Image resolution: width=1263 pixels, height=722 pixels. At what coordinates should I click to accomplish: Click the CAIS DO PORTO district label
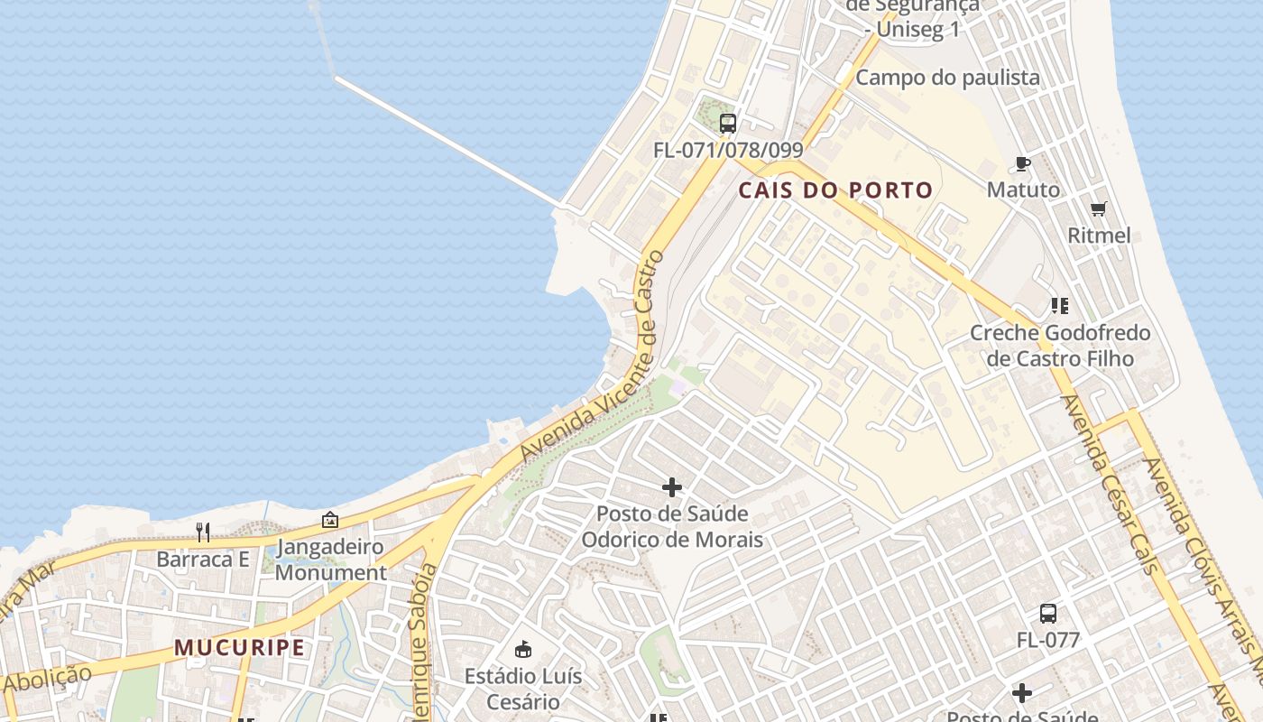(x=835, y=190)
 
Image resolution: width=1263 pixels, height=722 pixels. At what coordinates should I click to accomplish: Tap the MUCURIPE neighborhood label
(x=239, y=647)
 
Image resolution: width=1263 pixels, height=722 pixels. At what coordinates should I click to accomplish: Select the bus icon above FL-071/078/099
(x=728, y=124)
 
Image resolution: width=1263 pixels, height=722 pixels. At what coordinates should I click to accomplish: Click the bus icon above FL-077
(x=1048, y=614)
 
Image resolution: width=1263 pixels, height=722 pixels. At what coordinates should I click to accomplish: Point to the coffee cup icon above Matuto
(x=1023, y=163)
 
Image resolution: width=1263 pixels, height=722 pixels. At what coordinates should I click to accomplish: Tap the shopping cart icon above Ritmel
(x=1099, y=209)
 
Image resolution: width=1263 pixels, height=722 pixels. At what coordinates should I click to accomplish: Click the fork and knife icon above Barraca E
(x=203, y=532)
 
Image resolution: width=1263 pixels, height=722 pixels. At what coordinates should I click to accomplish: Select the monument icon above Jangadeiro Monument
(x=330, y=520)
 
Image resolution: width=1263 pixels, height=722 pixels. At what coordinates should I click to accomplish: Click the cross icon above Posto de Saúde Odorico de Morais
(x=672, y=487)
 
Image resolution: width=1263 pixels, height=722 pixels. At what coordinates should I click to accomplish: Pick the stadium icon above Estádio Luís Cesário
(x=522, y=649)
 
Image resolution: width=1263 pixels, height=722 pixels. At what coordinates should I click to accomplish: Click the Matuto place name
(x=1023, y=190)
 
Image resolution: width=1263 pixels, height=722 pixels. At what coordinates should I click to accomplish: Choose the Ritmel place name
(x=1099, y=236)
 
